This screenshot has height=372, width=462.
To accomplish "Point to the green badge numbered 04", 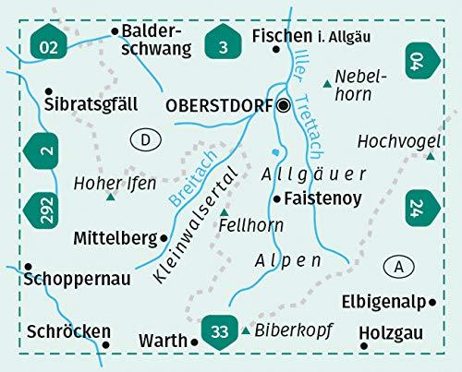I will [418, 63].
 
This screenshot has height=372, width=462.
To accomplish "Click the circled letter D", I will [145, 139].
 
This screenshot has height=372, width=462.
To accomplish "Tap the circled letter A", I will [398, 266].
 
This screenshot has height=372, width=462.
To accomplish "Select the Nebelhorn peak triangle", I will [327, 85].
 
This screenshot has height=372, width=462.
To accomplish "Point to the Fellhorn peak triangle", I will [224, 212].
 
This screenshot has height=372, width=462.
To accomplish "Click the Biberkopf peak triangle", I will [246, 330].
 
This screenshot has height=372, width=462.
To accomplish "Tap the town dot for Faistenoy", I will [276, 198].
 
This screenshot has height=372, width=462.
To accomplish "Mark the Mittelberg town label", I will [115, 238].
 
